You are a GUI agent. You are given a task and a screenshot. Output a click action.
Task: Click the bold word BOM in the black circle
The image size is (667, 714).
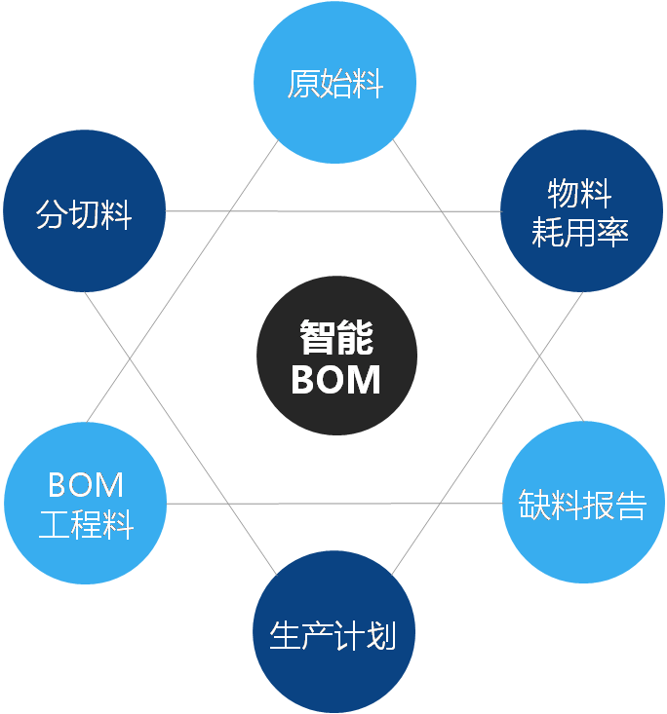pos(336,379)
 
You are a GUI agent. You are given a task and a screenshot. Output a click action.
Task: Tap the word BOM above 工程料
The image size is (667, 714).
pos(86,484)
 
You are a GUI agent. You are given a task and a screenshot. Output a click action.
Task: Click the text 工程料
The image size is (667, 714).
pos(86,525)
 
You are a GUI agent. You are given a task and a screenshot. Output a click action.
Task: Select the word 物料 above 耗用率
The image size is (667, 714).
pos(580,194)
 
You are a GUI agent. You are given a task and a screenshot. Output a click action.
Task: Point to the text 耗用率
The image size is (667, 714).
pos(580,233)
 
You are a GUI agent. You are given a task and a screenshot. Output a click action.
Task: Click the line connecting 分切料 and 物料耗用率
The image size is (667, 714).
pos(332,211)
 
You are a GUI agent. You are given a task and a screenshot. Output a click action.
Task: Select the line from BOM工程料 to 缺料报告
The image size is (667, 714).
pos(332,504)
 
